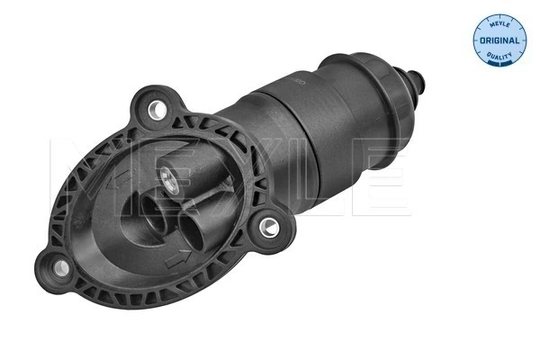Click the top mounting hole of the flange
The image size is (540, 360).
point(158,109)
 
